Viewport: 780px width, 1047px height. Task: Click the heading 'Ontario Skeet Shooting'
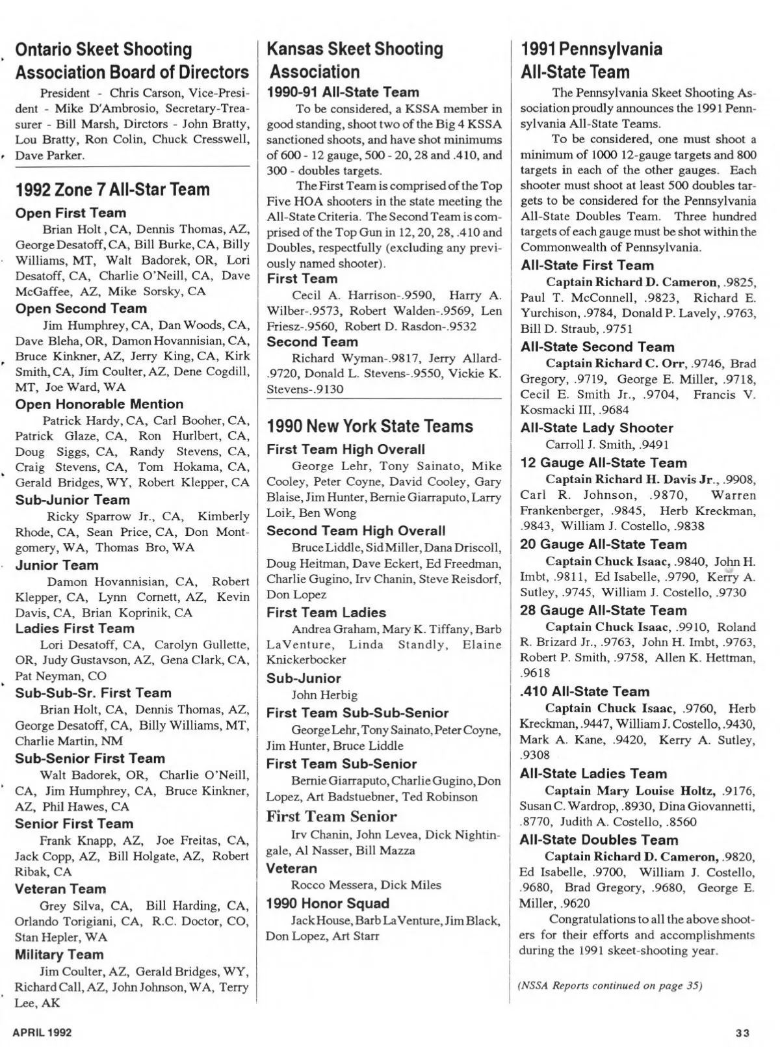[x=103, y=49]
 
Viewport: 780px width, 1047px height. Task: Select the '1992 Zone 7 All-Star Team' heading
[x=112, y=190]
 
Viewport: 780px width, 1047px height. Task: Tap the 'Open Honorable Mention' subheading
[x=99, y=404]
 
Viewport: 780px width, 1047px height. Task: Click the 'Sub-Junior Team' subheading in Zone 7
[x=72, y=500]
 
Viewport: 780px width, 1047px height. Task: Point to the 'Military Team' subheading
[x=59, y=955]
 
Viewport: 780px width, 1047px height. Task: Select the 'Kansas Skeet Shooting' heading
[x=355, y=49]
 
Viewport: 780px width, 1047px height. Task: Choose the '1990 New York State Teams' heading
[x=370, y=427]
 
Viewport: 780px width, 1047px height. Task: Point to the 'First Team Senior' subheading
[x=331, y=817]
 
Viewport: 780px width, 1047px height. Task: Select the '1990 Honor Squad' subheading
[x=328, y=903]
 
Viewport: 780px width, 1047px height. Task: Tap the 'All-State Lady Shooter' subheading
[x=597, y=428]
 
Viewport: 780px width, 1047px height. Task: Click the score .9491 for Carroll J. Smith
[x=652, y=445]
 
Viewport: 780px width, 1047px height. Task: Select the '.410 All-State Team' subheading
[x=584, y=691]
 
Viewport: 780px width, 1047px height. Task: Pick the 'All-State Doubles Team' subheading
[x=599, y=840]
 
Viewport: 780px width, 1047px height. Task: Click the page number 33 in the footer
[x=743, y=1033]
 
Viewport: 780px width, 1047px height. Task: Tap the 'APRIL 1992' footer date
[x=42, y=1032]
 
